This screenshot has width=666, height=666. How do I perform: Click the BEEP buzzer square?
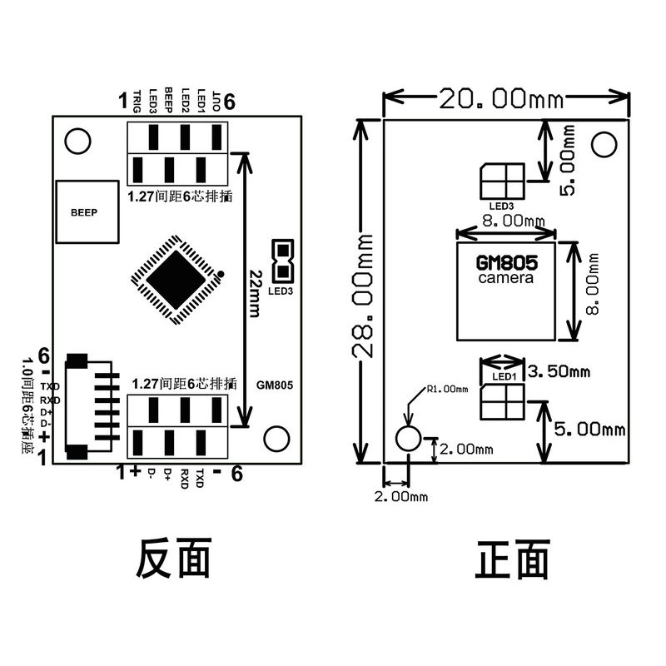tap(84, 213)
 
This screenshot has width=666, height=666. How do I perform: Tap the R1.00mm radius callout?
tap(446, 389)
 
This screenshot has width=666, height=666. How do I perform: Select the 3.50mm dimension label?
tap(560, 371)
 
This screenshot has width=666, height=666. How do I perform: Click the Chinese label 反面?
tap(174, 559)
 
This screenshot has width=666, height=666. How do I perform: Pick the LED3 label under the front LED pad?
tap(501, 206)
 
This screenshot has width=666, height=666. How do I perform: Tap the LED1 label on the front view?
tap(504, 376)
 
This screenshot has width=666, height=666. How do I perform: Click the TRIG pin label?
tap(138, 100)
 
